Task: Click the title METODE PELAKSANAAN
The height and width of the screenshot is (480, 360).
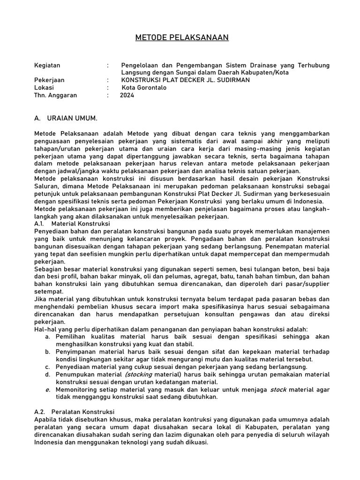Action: point(180,37)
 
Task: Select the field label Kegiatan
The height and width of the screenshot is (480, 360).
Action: point(47,65)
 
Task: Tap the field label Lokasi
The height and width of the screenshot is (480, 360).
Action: point(44,88)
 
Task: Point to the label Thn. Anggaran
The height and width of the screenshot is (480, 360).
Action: point(55,95)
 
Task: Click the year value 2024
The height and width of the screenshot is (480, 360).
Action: point(127,95)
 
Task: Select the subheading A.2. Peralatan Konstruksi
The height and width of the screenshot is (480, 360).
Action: point(75,412)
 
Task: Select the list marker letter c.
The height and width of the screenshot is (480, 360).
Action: point(48,367)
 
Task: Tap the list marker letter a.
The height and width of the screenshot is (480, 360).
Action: point(48,337)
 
